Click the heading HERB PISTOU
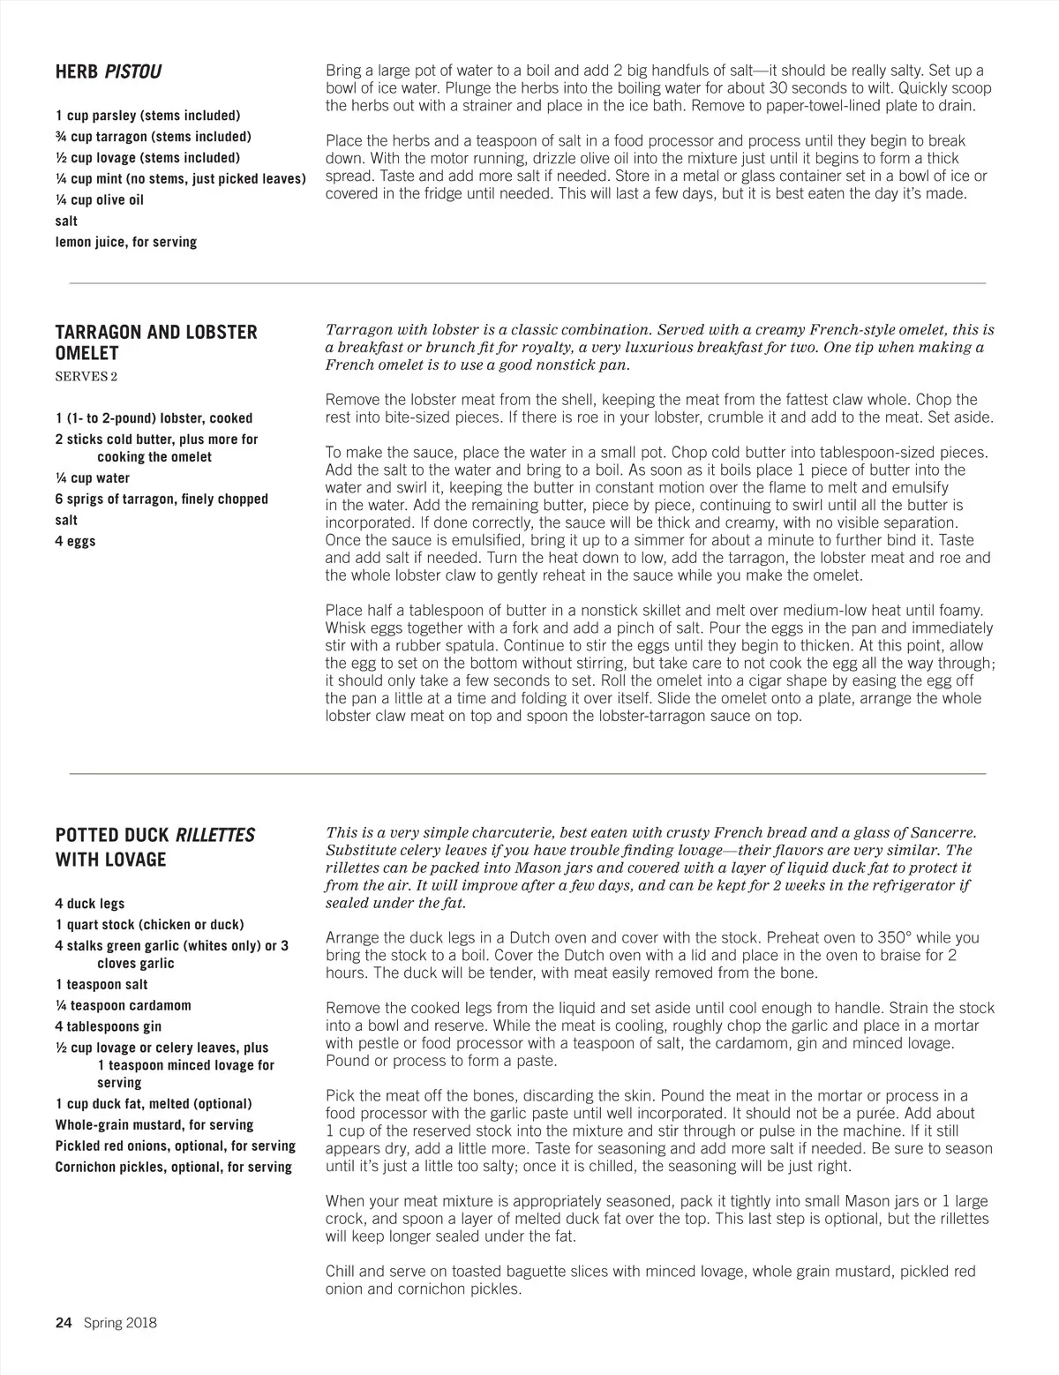[108, 71]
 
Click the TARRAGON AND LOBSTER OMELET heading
[156, 342]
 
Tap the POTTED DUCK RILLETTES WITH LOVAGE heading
[154, 846]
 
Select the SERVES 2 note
[86, 377]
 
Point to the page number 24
[63, 1322]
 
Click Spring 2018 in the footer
[120, 1322]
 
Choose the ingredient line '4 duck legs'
[90, 904]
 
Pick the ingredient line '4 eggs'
[75, 541]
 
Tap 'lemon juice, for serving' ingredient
[126, 242]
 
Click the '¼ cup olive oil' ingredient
[99, 199]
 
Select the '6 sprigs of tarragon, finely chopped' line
[161, 499]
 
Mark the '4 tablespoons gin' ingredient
[108, 1026]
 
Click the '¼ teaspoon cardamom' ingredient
[123, 1005]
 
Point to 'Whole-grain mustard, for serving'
[154, 1124]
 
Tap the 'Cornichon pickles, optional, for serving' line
[173, 1167]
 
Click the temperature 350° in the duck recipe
[898, 937]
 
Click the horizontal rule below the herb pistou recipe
[527, 283]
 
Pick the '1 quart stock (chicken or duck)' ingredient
[149, 925]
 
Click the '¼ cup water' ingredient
[92, 478]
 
